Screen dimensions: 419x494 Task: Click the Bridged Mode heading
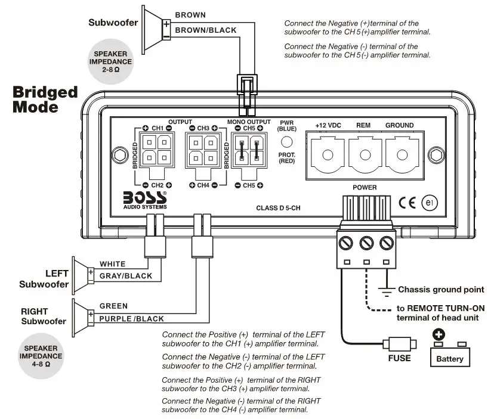coord(45,100)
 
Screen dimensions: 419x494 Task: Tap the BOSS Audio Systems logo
coord(144,199)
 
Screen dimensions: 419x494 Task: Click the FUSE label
coord(399,358)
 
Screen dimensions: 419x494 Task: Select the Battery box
coord(449,356)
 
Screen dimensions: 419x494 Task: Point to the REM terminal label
coord(363,126)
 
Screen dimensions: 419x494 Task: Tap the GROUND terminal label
coord(399,126)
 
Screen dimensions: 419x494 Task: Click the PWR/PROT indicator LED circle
coord(287,142)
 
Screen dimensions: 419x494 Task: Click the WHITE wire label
coord(112,263)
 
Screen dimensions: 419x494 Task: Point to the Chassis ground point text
coord(440,290)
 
